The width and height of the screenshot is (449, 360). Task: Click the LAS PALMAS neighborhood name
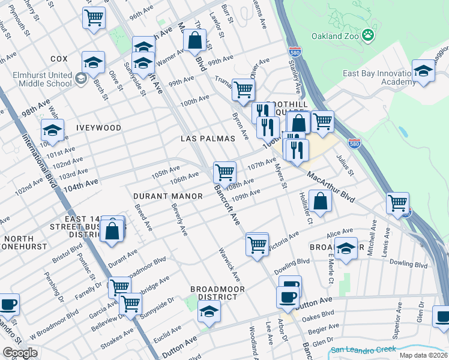(x=208, y=139)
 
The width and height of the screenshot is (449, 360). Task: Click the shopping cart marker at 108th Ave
(x=224, y=172)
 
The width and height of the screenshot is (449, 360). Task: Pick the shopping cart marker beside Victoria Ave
(x=257, y=244)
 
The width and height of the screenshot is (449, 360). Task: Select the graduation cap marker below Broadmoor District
(x=209, y=311)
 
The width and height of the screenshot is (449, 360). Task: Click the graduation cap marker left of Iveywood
(x=52, y=130)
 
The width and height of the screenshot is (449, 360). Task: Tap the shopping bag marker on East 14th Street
(x=112, y=230)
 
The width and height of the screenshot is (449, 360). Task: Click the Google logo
(x=20, y=352)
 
